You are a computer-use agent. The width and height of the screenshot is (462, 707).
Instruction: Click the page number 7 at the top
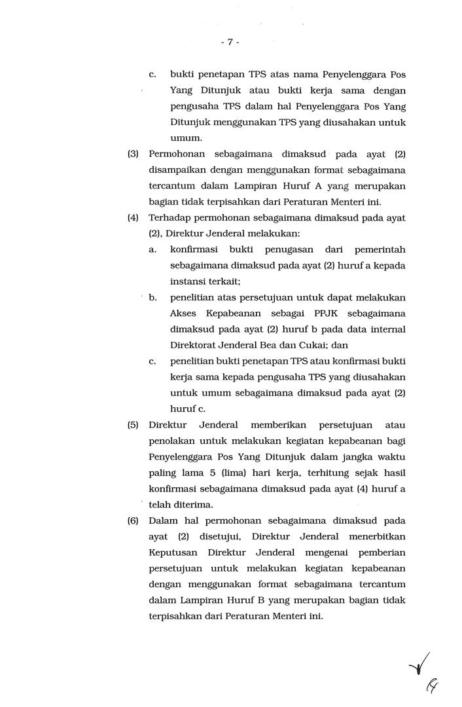tap(230, 42)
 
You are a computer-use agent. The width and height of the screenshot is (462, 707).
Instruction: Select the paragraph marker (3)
tap(133, 154)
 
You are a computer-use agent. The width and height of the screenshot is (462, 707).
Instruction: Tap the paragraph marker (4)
tap(133, 218)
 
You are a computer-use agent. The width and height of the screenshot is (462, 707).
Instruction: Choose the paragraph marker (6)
tap(133, 520)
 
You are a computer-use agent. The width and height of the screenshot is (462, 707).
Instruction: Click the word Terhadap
tap(170, 218)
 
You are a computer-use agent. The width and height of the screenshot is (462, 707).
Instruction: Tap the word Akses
tap(183, 313)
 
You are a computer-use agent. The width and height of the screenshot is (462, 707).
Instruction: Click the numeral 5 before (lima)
tap(240, 472)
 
